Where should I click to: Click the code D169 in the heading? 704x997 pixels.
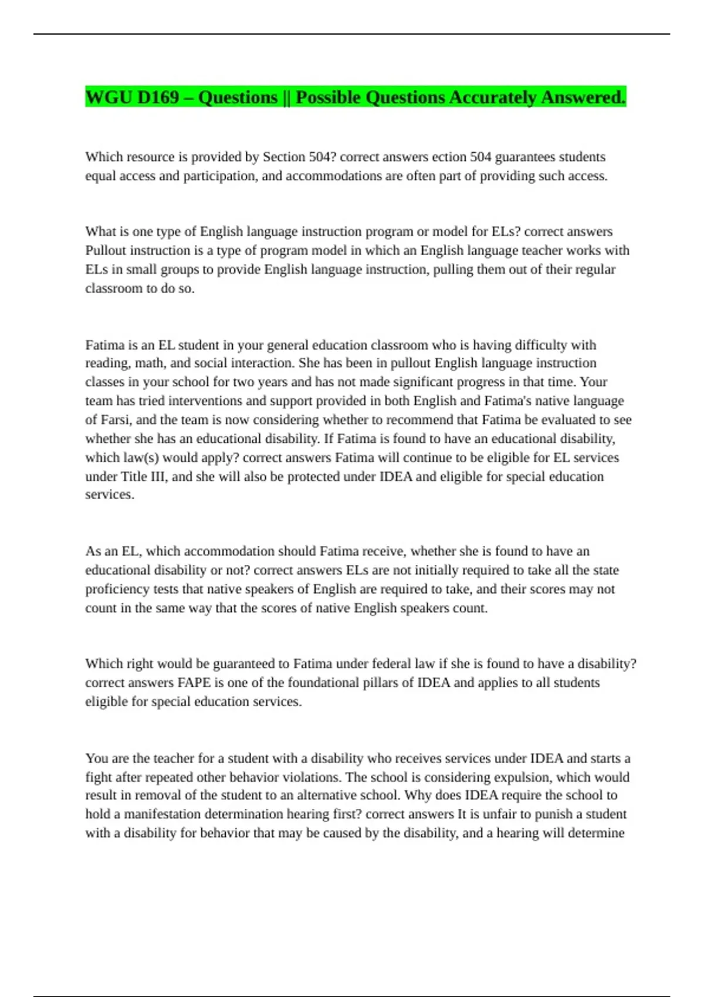coord(158,97)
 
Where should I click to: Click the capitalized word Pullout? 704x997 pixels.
coord(106,250)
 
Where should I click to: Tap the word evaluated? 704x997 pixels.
coord(576,420)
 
